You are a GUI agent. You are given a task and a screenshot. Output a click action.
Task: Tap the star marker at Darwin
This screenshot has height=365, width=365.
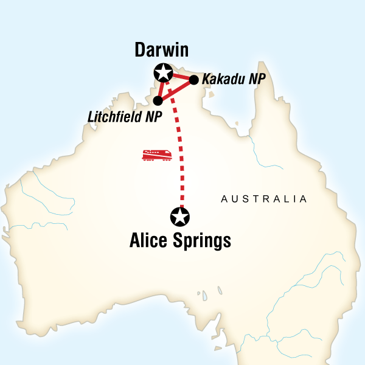pos(163,73)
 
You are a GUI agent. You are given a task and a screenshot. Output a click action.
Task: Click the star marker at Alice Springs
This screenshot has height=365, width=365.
pos(181,216)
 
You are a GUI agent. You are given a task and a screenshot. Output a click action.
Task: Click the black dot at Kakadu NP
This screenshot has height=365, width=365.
pos(194,80)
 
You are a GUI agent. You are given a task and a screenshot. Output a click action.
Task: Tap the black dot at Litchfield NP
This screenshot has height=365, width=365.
pos(158,100)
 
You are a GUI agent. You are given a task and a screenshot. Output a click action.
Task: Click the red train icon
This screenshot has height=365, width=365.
pos(156,156)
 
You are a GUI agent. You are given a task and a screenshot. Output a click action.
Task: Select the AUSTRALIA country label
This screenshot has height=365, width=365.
pos(264,199)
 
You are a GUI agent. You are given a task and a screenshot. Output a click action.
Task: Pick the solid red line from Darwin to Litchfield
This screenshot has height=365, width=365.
pos(160,88)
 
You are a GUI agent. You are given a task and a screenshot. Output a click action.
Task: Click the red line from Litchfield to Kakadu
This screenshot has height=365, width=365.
pos(176,90)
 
